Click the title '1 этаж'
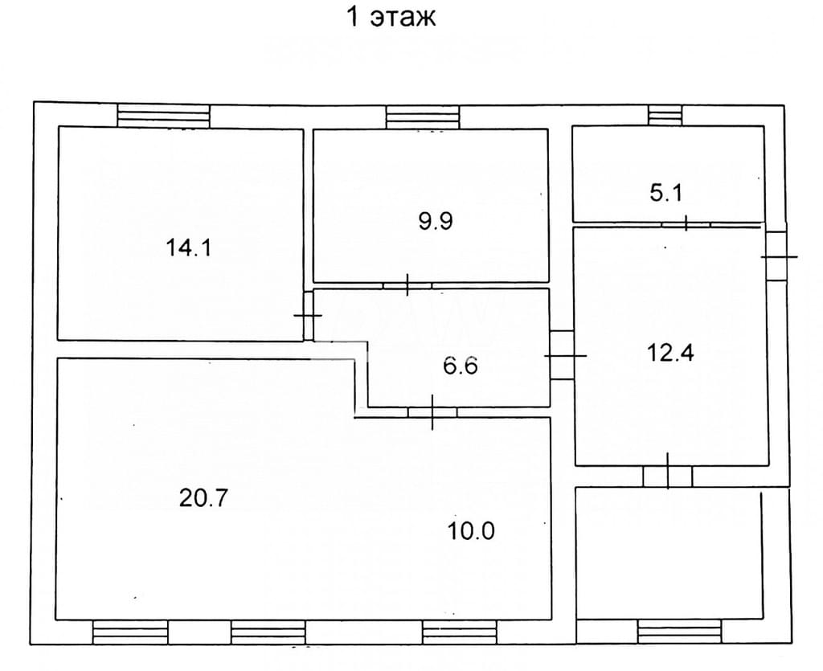(391, 17)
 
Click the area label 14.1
(188, 247)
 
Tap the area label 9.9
(436, 221)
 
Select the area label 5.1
(666, 193)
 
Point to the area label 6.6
(461, 365)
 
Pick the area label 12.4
(670, 353)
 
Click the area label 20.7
(203, 497)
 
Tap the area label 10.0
(471, 531)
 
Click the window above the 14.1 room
(163, 116)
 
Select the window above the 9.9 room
(423, 117)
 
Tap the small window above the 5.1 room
(665, 115)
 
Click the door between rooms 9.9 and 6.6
(407, 285)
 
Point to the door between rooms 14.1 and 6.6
(309, 315)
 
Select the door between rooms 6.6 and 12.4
(562, 355)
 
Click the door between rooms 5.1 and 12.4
(686, 224)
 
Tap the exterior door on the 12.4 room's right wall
(777, 256)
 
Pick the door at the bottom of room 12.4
(668, 476)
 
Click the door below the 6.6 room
(432, 412)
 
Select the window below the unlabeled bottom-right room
(680, 631)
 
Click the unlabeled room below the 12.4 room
(669, 553)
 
